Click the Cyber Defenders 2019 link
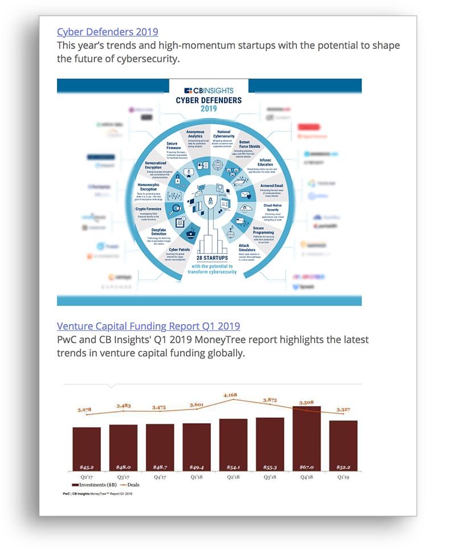108,32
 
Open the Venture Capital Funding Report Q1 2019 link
148,326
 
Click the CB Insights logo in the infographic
209,91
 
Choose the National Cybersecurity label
223,134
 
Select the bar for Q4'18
306,439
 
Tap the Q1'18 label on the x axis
197,477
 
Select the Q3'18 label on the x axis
270,477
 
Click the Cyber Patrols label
182,249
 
